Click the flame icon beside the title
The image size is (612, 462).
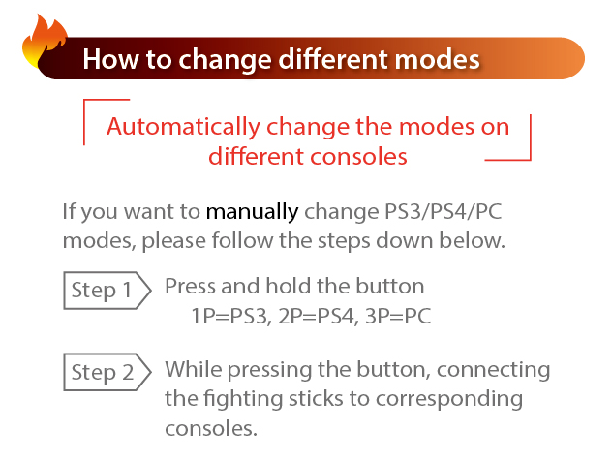point(44,41)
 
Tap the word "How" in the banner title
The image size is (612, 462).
point(111,59)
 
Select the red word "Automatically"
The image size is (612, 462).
point(183,127)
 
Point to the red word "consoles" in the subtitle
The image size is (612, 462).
point(358,157)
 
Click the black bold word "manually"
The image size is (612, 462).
point(252,213)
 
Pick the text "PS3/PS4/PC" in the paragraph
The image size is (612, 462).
point(444,212)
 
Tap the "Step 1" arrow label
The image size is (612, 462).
point(107,291)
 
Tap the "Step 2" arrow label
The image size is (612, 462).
point(107,372)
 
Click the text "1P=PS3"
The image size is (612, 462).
point(231,317)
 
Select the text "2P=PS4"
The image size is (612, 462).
point(318,317)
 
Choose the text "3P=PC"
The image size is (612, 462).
point(398,317)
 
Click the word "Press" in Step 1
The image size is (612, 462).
point(190,287)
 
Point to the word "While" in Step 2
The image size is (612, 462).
point(194,369)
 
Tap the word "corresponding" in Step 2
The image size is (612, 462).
point(449,399)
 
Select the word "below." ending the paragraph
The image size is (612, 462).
point(473,240)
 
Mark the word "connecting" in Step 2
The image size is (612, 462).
point(493,370)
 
